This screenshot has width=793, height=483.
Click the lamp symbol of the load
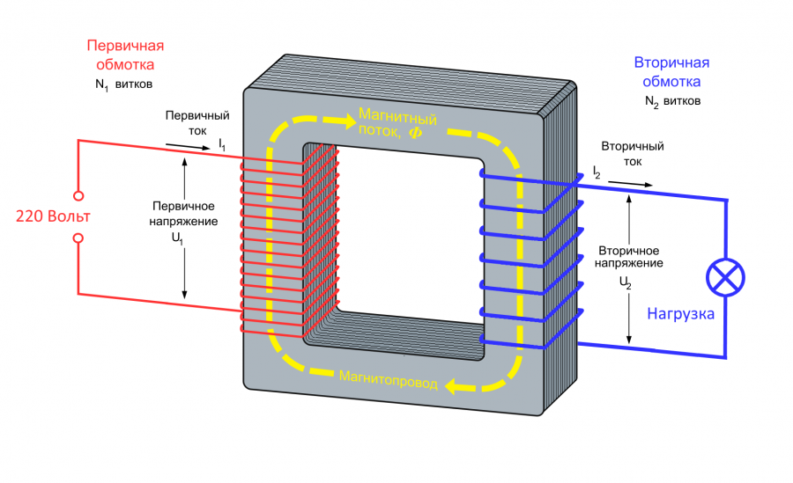tap(726, 279)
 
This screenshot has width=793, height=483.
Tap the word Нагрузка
tap(680, 313)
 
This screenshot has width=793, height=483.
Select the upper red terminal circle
tap(78, 195)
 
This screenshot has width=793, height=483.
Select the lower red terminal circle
tap(78, 238)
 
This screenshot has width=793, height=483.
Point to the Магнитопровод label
tap(388, 377)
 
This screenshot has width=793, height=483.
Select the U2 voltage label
tap(626, 282)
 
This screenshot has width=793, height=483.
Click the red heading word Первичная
tap(125, 46)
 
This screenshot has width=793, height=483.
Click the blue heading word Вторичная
tap(671, 62)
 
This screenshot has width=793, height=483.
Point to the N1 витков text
tap(123, 85)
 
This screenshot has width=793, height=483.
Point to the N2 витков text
tap(673, 102)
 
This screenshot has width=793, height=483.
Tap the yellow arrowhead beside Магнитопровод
tap(455, 384)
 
